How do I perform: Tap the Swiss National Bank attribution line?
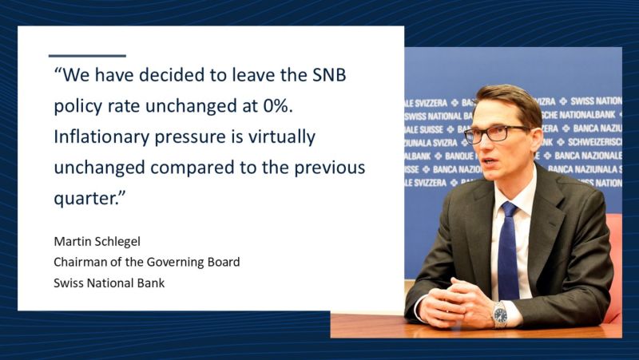(x=109, y=283)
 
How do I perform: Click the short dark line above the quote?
(x=87, y=56)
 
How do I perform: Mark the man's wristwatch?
(x=500, y=314)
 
